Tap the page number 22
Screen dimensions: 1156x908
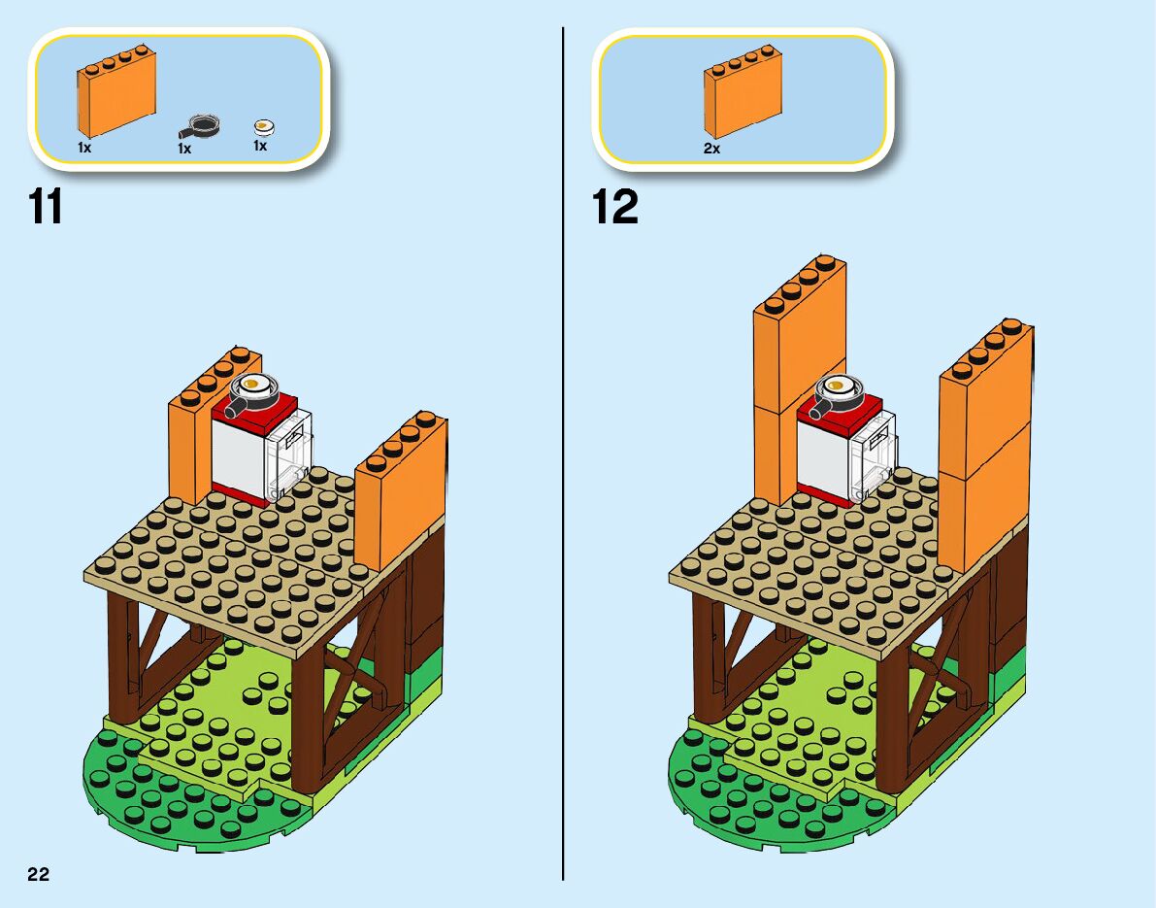[38, 874]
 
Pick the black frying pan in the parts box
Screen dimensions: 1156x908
[202, 125]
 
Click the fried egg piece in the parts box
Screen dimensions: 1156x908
[264, 125]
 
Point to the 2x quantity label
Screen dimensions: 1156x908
[712, 149]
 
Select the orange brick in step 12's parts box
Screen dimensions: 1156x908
[743, 92]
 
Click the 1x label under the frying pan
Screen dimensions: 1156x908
[184, 149]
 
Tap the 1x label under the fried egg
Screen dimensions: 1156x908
[260, 146]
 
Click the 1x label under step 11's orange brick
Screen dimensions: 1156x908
[84, 148]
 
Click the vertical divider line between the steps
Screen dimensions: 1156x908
[563, 486]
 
